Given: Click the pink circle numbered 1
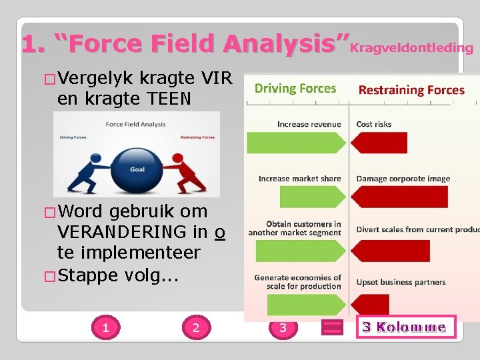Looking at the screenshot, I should click(105, 327).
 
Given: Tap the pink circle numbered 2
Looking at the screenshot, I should click(195, 327).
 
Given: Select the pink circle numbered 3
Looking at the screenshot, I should click(283, 327).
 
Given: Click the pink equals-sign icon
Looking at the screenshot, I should click(332, 327).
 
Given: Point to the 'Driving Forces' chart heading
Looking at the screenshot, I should click(295, 88).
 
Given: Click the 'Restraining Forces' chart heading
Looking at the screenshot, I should click(411, 90).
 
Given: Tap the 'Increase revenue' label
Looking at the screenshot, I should click(309, 124).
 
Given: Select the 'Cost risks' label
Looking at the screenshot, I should click(374, 124).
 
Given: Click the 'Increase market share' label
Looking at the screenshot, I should click(299, 179).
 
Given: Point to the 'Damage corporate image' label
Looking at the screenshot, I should click(403, 179).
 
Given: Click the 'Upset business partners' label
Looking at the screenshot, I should click(401, 282).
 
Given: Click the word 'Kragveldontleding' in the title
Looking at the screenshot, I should click(411, 47).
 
